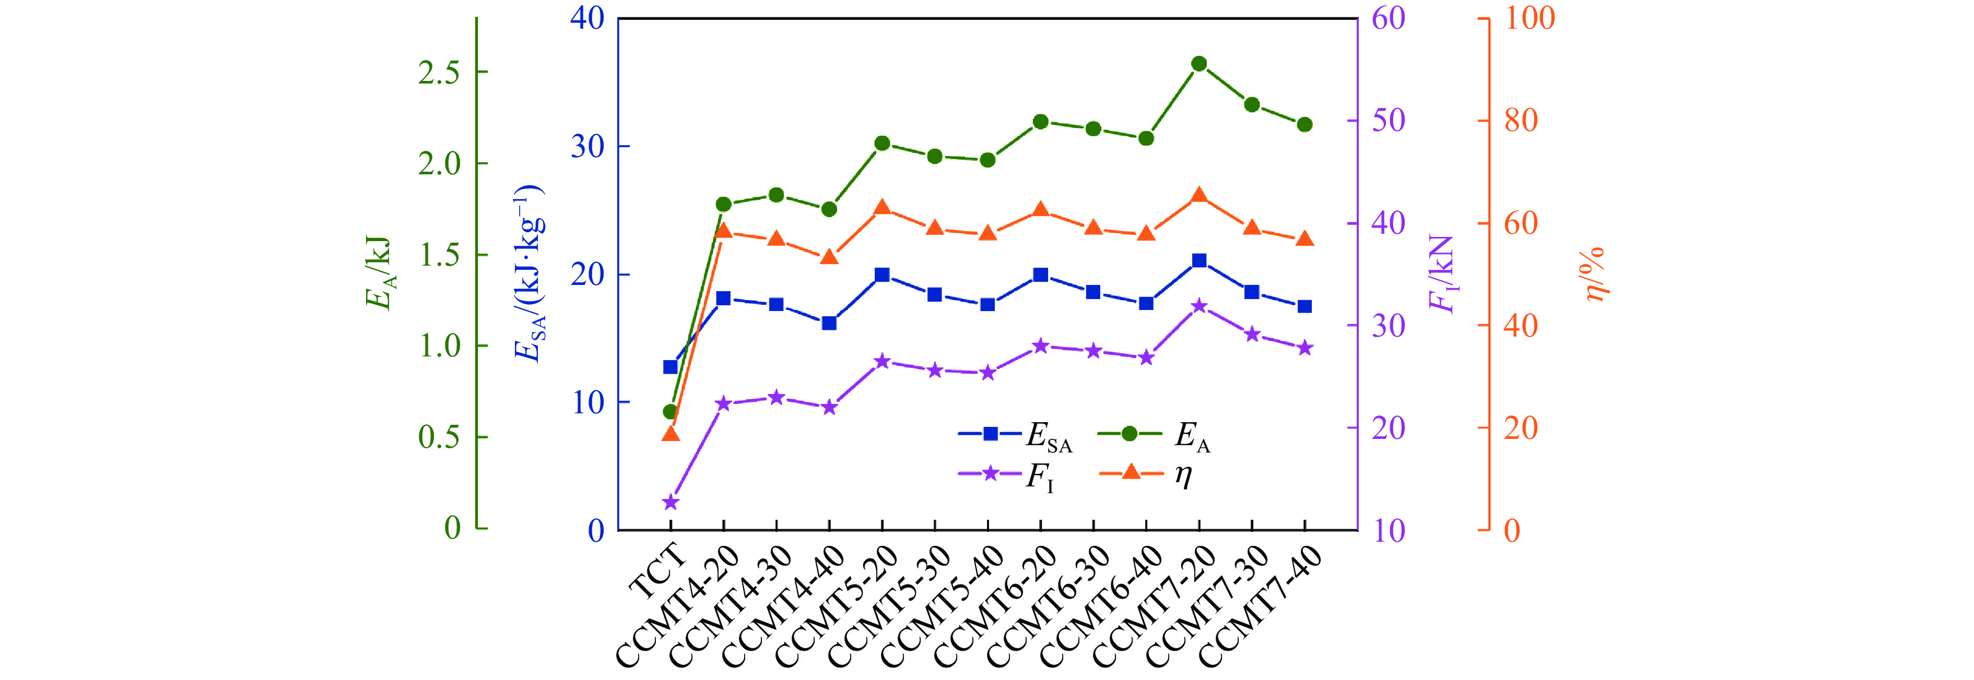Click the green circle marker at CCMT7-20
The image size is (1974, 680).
pos(1199,64)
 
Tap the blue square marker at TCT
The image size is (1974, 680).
pos(671,367)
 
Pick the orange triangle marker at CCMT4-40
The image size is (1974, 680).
pos(829,257)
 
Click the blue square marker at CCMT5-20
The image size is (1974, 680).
pos(882,274)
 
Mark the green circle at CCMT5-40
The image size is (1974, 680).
pos(988,160)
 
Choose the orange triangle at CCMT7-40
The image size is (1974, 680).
pos(1305,239)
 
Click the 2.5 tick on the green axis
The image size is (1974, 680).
pos(439,73)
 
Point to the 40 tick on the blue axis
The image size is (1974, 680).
pos(587,18)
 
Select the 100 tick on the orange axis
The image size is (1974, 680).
pos(1530,18)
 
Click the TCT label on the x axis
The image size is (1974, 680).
pos(657,570)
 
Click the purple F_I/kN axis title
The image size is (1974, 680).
pos(1442,273)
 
